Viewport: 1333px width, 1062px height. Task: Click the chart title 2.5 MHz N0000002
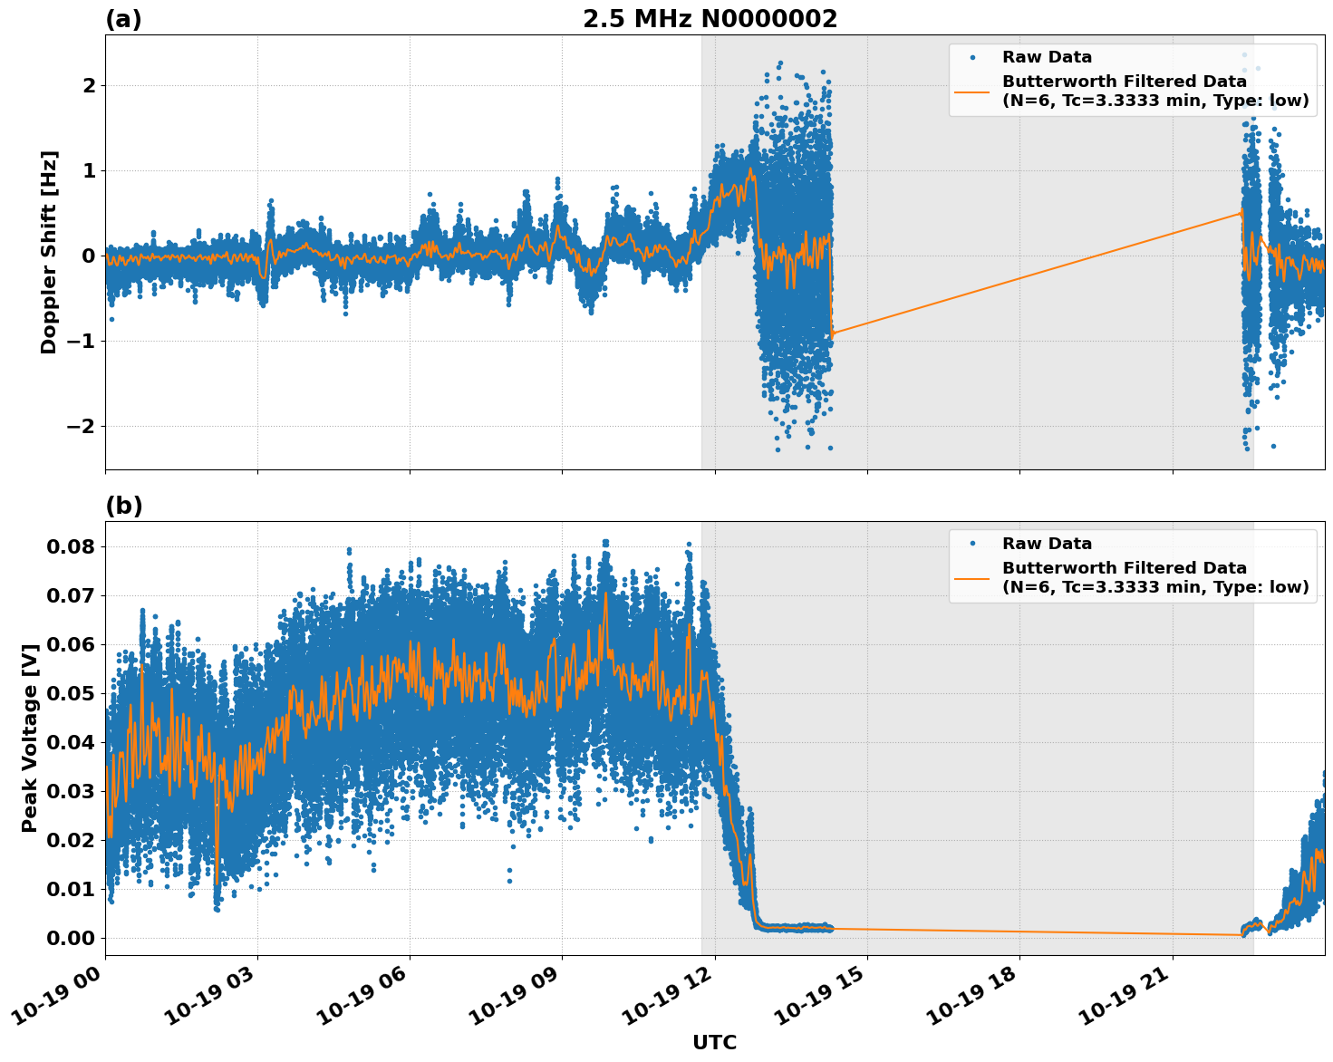click(710, 19)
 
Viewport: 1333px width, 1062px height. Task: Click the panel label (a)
click(123, 19)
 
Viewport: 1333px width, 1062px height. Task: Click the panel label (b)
click(123, 506)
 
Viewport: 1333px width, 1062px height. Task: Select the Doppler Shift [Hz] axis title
click(49, 252)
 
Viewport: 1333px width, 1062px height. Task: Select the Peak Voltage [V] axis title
click(30, 739)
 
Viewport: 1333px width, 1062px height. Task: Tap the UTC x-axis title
click(714, 1042)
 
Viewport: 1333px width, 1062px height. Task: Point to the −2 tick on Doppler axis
click(82, 426)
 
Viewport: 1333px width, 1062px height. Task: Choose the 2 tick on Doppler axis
click(89, 85)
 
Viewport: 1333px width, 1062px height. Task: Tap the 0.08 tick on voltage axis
click(70, 546)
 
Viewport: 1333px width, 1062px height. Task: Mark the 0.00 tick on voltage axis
click(70, 938)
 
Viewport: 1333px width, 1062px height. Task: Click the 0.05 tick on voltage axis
click(70, 693)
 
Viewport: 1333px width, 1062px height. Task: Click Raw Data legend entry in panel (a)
click(1047, 57)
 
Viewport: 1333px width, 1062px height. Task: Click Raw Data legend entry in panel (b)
click(1047, 544)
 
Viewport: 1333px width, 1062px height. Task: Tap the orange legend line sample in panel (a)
click(972, 91)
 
